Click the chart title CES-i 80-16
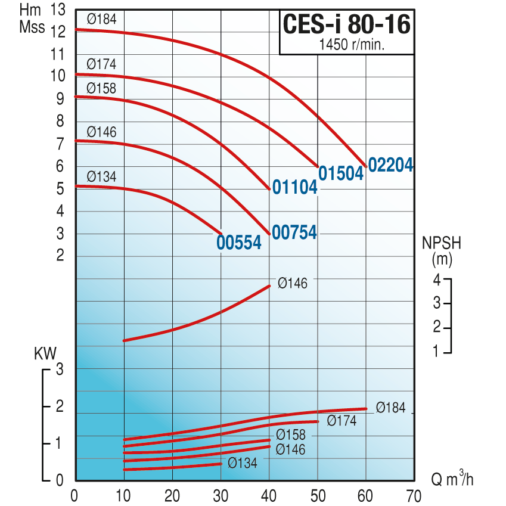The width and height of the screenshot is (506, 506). coord(347,24)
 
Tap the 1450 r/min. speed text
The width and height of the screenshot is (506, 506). coord(352,45)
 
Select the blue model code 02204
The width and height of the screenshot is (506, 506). coord(390,165)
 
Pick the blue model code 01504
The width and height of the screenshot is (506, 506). coord(341,173)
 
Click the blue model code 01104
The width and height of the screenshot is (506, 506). coord(294,187)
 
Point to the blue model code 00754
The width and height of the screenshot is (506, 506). coord(294,232)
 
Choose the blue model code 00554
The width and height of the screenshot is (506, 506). coord(239,243)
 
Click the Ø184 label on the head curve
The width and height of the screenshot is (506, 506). coord(101,19)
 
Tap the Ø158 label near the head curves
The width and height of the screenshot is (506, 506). coord(101,88)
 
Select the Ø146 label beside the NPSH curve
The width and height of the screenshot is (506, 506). coord(293,283)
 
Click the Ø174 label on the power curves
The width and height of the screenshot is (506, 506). coord(342,421)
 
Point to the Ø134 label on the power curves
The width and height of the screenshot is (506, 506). coord(243,463)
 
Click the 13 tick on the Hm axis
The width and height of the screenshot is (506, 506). coord(58,10)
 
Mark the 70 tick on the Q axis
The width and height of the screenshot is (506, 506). coord(414,496)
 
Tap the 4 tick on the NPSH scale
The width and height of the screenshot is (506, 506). coord(437,280)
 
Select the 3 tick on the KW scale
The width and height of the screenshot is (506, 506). coord(60,369)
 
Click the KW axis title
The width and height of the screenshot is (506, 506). coord(45,353)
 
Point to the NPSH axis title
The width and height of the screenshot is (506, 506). coord(442,243)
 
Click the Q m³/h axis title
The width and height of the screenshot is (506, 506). coord(452,479)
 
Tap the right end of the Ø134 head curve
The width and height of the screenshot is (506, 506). coord(221,234)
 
